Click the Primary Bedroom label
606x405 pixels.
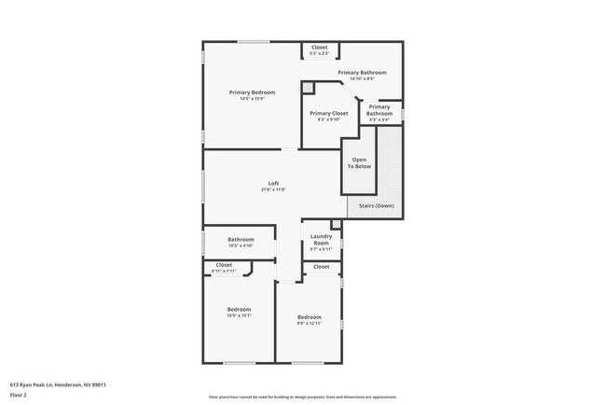252,92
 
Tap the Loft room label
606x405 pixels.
273,183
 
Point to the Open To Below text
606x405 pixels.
360,162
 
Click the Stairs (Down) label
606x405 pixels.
376,205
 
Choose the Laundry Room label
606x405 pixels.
322,239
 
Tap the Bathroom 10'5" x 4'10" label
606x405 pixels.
241,240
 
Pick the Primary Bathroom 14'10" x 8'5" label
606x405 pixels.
362,72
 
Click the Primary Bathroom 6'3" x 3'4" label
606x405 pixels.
379,110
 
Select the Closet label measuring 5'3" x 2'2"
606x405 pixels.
319,47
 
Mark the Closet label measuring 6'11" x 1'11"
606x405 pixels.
224,265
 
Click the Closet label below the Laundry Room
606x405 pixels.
321,267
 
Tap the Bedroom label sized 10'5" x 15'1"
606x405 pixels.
239,309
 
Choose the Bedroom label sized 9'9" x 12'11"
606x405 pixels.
310,316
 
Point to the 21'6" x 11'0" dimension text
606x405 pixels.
273,189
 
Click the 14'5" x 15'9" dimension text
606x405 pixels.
252,99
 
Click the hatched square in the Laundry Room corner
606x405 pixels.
337,224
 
